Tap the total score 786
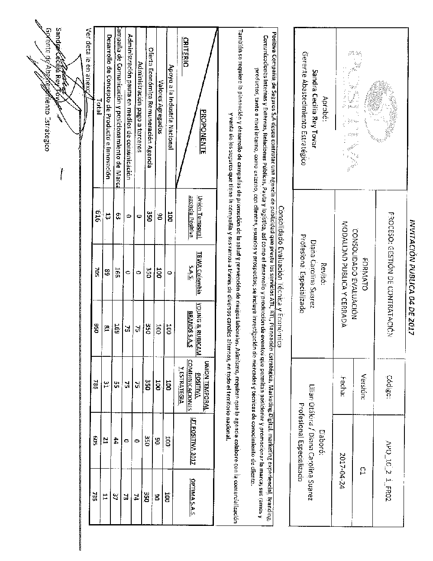point(97,382)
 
